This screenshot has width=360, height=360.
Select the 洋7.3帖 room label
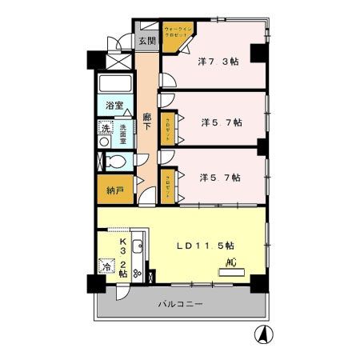pos(217,61)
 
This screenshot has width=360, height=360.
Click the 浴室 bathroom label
pos(114,106)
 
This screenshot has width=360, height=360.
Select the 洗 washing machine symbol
pos(106,127)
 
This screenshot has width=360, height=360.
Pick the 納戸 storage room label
pos(114,190)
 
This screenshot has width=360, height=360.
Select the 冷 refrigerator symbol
pos(106,268)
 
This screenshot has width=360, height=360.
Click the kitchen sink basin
pos(138,246)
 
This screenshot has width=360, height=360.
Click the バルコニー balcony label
pos(179,305)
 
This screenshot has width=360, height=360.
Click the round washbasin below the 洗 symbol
pos(104,142)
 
